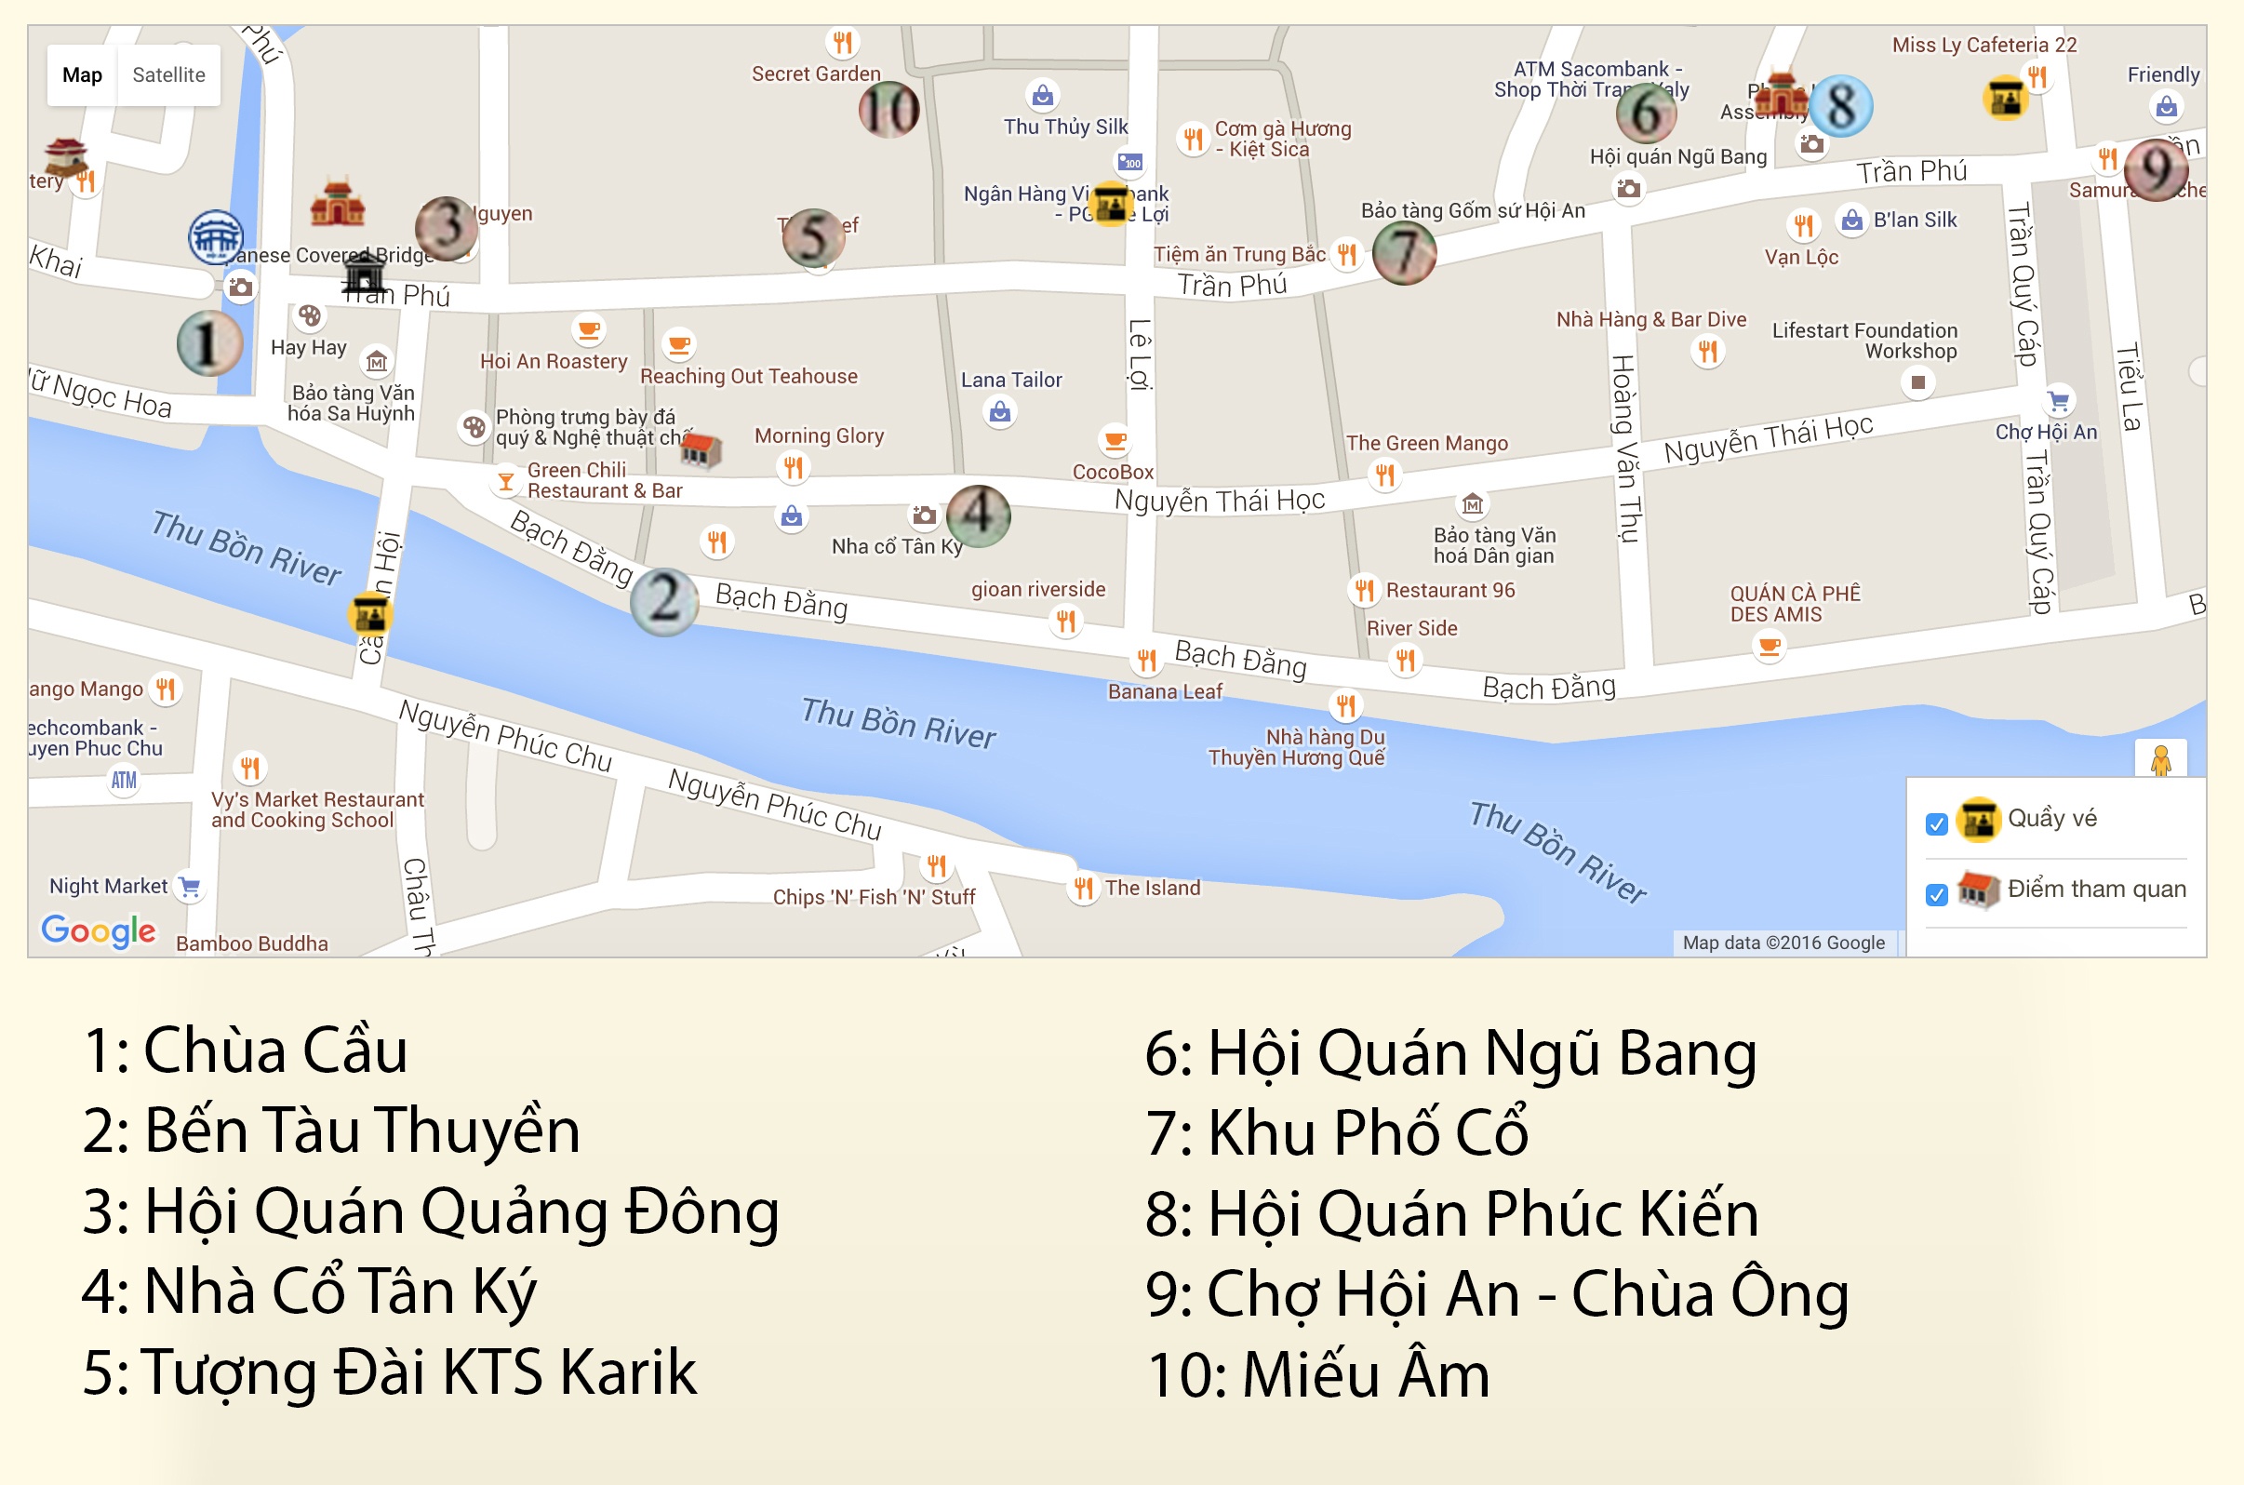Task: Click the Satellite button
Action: coord(168,74)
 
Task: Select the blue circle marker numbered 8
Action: coord(1840,106)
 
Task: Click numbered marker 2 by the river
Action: coord(663,601)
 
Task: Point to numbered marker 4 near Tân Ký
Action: coord(978,515)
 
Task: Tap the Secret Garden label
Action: coord(815,74)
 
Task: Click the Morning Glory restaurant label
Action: coord(819,435)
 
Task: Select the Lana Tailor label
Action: coord(1011,380)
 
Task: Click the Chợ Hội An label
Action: coord(2046,432)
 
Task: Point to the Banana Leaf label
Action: coord(1165,691)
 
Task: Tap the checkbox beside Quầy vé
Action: coord(1936,824)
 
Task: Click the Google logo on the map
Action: coord(99,931)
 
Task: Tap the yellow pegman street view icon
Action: coord(2160,760)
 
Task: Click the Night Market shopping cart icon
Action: coord(190,887)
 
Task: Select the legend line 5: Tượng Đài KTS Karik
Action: coord(389,1371)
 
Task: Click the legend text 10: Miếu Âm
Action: coord(1317,1374)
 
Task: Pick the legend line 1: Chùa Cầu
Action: coord(246,1050)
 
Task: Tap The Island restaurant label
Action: coord(1153,889)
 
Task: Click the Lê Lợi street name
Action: coord(1140,355)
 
